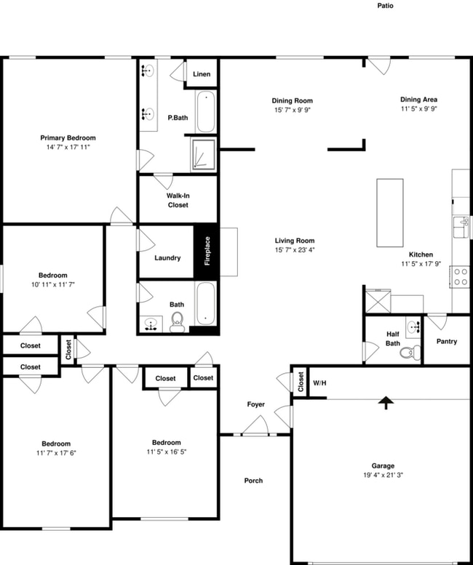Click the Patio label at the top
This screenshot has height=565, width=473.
coord(385,6)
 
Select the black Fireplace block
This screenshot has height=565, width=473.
coord(206,251)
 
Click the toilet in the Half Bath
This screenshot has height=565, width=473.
coord(409,353)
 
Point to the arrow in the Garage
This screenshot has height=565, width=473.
coord(383,403)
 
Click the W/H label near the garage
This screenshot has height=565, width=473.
coord(319,382)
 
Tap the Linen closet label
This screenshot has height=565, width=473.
coord(202,74)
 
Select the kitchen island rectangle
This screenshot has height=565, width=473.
coord(389,213)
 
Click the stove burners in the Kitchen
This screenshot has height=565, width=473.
coord(461,276)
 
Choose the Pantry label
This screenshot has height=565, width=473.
coord(446,341)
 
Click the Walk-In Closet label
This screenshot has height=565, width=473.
coord(178,201)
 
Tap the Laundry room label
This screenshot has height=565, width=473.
coord(167,258)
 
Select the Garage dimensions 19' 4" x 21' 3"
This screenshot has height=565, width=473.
coord(383,475)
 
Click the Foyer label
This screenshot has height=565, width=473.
coord(255,404)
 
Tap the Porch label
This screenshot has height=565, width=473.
coord(253,481)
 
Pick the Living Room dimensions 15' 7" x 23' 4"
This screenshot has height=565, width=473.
coord(294,249)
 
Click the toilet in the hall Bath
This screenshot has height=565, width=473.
coord(177,321)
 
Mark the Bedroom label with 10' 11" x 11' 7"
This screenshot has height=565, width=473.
coord(52,276)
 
